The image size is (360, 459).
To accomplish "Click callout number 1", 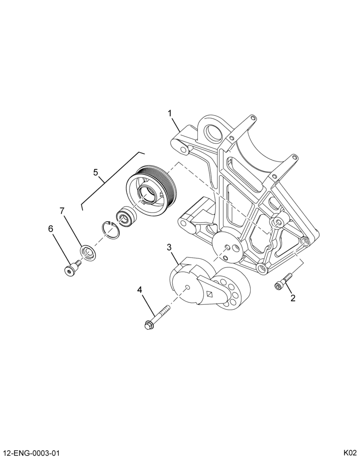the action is point(169,113).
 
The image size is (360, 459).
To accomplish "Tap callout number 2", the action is point(292,298).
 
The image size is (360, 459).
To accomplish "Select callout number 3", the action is point(169,247).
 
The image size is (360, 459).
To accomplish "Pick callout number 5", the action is point(96,173).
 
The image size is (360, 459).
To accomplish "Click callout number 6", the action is point(51,229).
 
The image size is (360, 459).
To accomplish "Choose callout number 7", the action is point(62,211).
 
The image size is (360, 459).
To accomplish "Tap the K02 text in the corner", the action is point(350,453).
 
